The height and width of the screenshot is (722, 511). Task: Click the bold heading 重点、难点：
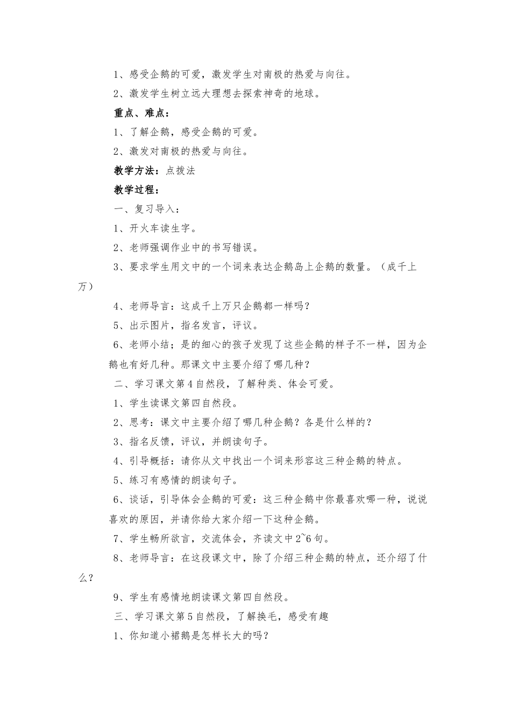click(141, 113)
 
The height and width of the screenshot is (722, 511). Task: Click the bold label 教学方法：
click(136, 171)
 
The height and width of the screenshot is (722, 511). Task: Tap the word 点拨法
click(180, 171)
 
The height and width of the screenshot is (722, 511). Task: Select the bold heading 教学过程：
click(136, 190)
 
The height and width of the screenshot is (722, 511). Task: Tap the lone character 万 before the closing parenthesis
click(82, 287)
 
